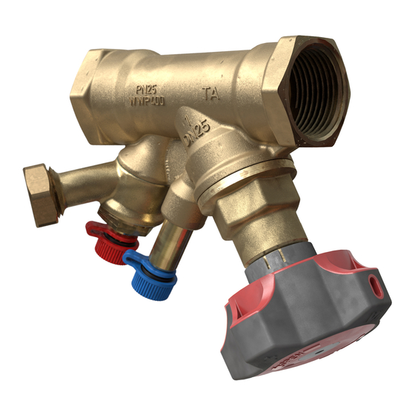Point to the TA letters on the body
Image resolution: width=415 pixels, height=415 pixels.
tap(210, 94)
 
